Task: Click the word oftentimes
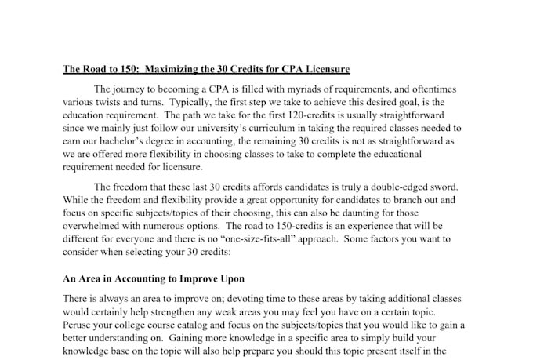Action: (x=430, y=89)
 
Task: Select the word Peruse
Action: (x=79, y=325)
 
